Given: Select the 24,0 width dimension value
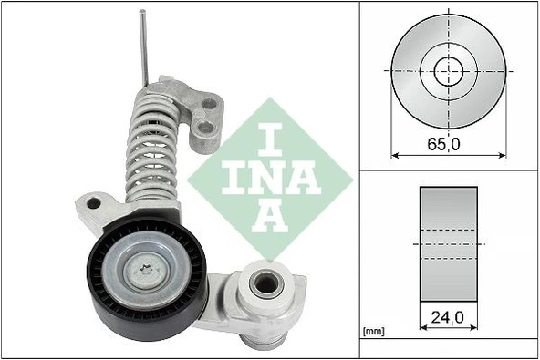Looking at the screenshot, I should click(x=448, y=320).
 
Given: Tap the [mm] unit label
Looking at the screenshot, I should click(x=374, y=332).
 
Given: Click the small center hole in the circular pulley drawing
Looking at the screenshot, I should click(x=448, y=69).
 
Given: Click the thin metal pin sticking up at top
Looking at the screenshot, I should click(x=143, y=46).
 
